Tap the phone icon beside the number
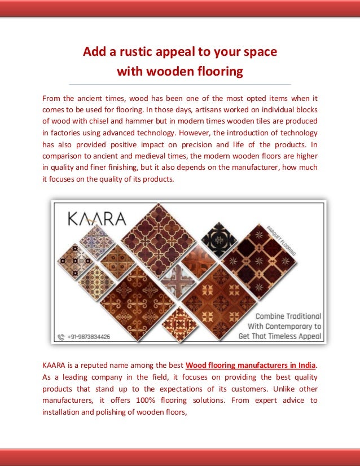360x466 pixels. point(62,337)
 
